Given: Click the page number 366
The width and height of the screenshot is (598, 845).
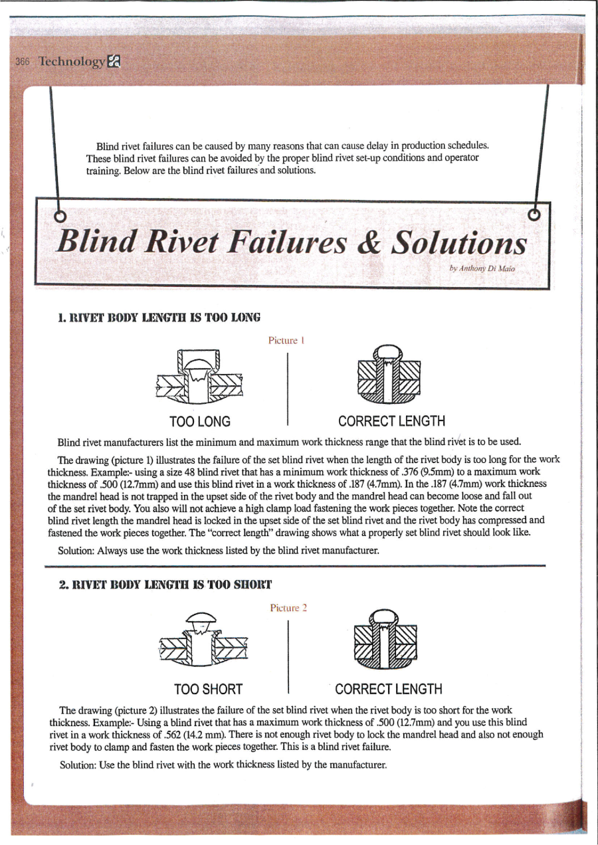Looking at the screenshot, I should coord(22,62).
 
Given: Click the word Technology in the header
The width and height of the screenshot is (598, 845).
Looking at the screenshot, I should coord(72,62).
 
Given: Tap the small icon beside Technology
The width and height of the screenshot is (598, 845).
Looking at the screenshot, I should coord(114,62).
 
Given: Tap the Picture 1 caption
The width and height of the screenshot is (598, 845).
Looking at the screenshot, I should coord(286,340).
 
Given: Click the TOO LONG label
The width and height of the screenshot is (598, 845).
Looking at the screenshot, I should coord(200,421).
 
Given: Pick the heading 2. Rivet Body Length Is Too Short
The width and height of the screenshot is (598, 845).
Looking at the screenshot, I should coord(165,585).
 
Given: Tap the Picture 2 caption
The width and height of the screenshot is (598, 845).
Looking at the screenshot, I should coord(288,607).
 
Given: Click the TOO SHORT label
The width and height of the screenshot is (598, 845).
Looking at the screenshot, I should coord(208,689).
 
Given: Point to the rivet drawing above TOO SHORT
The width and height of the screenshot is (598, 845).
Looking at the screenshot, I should coord(203,641).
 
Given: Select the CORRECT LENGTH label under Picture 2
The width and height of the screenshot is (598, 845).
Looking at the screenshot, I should coord(389,689).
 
